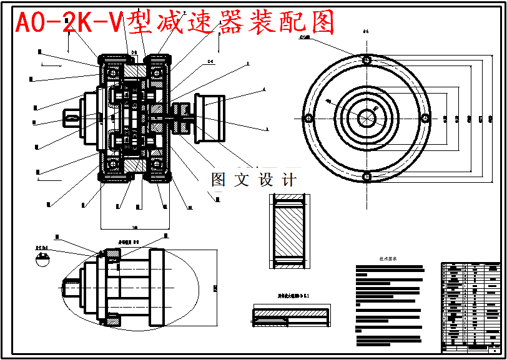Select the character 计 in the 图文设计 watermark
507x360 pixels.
tap(289, 180)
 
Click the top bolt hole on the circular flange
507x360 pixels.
tap(367, 60)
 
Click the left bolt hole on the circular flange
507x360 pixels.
tap(307, 119)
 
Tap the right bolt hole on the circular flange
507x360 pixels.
tap(425, 119)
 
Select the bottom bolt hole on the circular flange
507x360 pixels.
tap(367, 177)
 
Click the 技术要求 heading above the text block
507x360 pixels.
tap(388, 259)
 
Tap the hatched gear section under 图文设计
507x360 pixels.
tap(288, 231)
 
